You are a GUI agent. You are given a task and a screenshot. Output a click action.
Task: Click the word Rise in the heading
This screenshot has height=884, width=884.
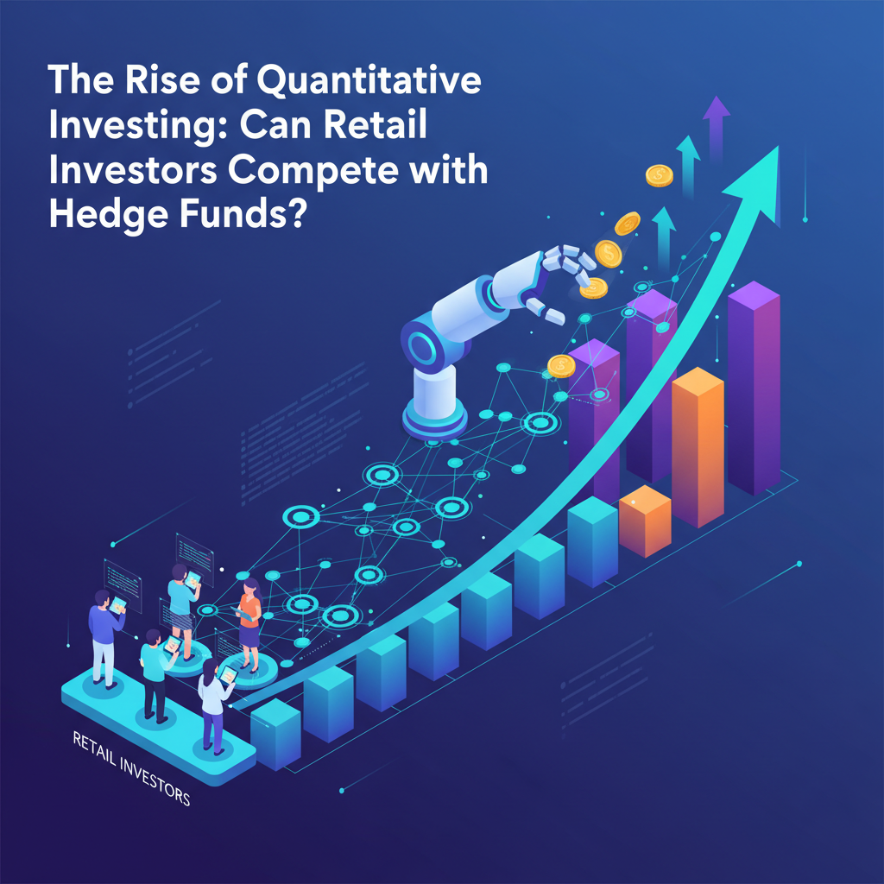coord(162,79)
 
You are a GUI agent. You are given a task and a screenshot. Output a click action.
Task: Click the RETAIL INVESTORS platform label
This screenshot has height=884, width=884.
coord(131,767)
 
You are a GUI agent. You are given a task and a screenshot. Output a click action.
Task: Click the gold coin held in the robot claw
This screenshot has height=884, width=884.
coord(593,288)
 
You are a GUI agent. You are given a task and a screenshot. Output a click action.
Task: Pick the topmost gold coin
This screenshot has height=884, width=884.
coord(659,175)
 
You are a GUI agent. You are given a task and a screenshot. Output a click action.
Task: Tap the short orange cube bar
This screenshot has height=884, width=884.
coord(645,521)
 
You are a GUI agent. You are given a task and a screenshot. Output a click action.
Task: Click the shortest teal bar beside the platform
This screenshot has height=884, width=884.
coord(275,734)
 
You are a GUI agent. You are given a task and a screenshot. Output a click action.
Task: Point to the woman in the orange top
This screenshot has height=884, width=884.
coord(249,623)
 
